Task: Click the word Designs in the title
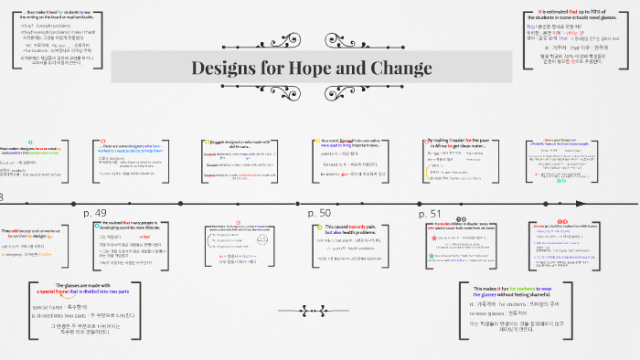click(229, 69)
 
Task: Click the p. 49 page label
click(95, 213)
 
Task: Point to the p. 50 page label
click(319, 213)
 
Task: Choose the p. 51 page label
click(430, 213)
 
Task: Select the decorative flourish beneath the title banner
click(311, 96)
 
